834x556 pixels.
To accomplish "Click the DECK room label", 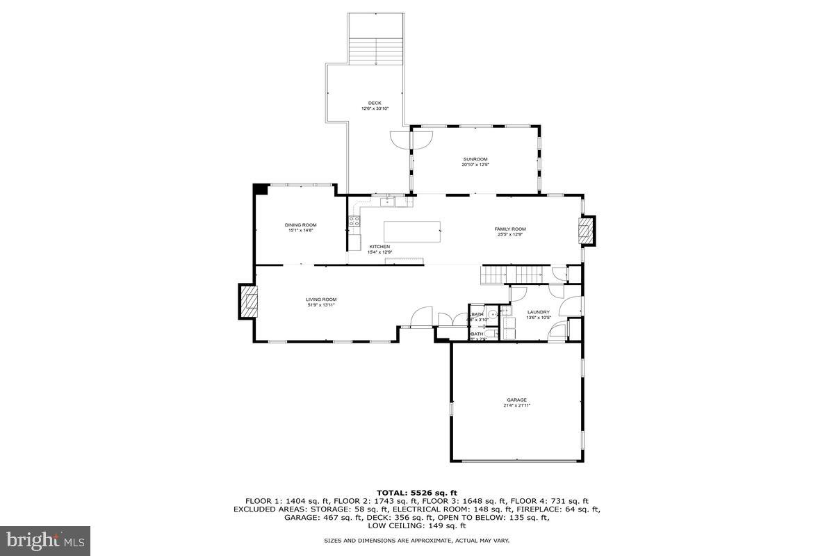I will (x=375, y=103).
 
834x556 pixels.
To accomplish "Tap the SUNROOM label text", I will (x=475, y=159).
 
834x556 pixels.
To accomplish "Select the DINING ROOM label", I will (x=301, y=224).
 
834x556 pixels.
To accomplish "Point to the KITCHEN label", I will (x=379, y=247).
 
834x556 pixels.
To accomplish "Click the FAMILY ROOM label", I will (x=510, y=229).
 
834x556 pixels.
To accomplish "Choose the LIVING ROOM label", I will (x=321, y=300).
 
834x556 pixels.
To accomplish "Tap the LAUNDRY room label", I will (x=539, y=312).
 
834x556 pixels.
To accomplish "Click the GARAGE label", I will (x=516, y=400).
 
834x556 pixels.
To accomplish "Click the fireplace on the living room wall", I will (x=248, y=302).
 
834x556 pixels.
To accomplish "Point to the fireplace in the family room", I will (x=587, y=231).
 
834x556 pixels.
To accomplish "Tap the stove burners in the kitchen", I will (x=354, y=222).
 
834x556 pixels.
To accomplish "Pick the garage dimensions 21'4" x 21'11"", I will (x=516, y=405).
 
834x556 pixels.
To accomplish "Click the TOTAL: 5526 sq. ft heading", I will (x=417, y=493).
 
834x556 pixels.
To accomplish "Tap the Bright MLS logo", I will (x=45, y=540).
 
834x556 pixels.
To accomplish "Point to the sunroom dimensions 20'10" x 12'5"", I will (x=475, y=165).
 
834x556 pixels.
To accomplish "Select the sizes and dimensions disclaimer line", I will (x=417, y=540).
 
